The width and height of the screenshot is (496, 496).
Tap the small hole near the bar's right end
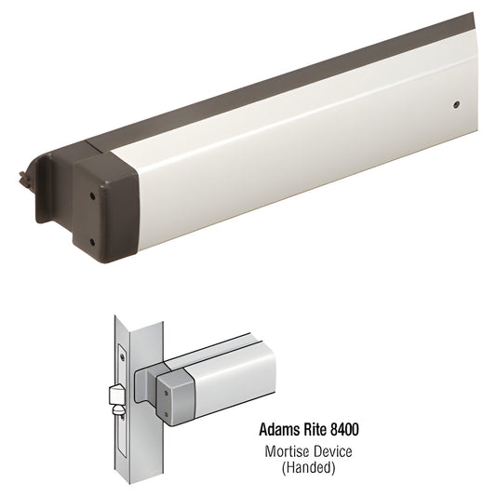click(x=456, y=106)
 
